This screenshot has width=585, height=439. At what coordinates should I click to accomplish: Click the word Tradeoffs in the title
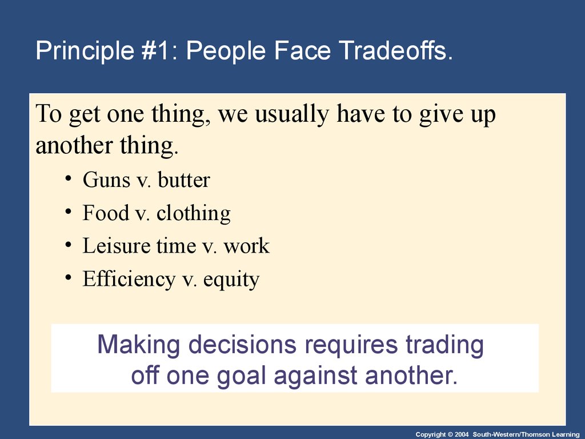pyautogui.click(x=396, y=50)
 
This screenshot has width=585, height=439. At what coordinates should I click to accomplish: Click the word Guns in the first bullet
pyautogui.click(x=106, y=180)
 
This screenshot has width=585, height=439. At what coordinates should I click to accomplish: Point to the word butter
pyautogui.click(x=184, y=179)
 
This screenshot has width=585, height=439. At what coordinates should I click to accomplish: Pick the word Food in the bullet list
pyautogui.click(x=106, y=213)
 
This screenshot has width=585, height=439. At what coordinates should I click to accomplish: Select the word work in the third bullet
pyautogui.click(x=247, y=246)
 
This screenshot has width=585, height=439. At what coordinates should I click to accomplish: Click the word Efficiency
pyautogui.click(x=129, y=279)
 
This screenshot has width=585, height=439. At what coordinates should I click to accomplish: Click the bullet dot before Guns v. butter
pyautogui.click(x=68, y=178)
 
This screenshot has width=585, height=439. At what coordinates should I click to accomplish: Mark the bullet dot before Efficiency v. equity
pyautogui.click(x=68, y=277)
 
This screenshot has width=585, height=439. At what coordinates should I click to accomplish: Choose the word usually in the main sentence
pyautogui.click(x=292, y=114)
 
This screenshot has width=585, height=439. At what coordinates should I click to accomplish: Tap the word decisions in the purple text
pyautogui.click(x=242, y=344)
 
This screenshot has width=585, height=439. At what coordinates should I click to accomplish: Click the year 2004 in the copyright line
pyautogui.click(x=461, y=434)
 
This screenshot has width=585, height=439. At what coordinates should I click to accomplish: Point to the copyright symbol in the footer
pyautogui.click(x=450, y=434)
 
